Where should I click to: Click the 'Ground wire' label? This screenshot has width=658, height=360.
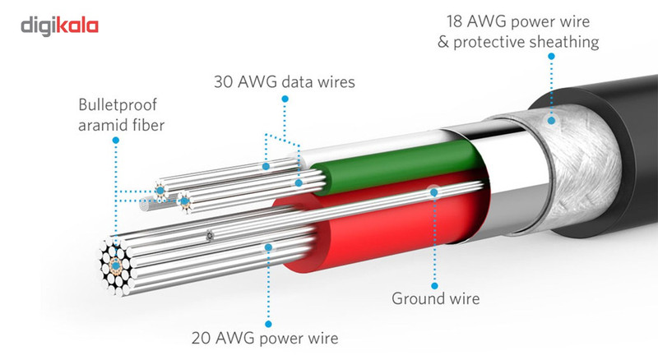[435, 298]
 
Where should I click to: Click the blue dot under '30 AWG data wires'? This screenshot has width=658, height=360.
[285, 99]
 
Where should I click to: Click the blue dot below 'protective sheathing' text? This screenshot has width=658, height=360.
[549, 58]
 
